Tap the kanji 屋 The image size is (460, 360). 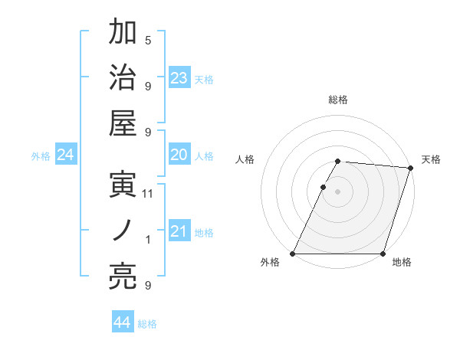(x=123, y=123)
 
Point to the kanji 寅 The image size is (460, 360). (x=123, y=186)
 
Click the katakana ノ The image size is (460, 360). (x=123, y=231)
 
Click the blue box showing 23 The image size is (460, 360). (x=179, y=77)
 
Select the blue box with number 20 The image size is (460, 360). (x=179, y=155)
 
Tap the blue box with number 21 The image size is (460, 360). (x=179, y=231)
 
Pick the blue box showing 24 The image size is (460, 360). (x=66, y=155)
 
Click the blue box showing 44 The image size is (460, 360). (x=123, y=322)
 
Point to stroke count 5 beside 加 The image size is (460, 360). (x=148, y=41)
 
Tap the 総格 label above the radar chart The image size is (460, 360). (x=338, y=100)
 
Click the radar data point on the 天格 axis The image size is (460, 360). (x=411, y=169)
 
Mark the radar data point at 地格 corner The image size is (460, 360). (x=383, y=254)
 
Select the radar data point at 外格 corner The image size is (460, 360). (x=293, y=254)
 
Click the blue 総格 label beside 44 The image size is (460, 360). (x=147, y=324)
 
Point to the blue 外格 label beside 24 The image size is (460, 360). (x=41, y=156)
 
